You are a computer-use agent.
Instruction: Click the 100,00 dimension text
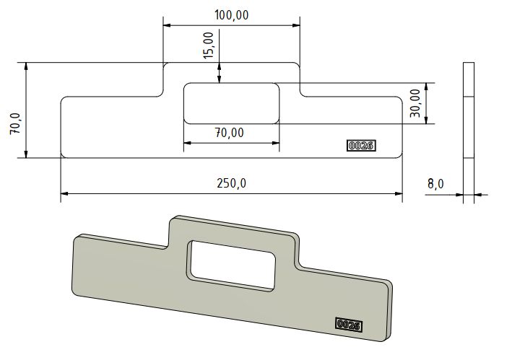[231, 14]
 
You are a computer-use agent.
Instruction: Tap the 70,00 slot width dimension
[231, 133]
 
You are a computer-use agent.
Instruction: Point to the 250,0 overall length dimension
[231, 183]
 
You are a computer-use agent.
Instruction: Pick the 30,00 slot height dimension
[415, 103]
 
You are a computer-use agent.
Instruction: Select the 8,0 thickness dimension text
[435, 184]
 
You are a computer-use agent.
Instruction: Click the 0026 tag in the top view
[360, 146]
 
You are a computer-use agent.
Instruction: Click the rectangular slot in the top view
[231, 103]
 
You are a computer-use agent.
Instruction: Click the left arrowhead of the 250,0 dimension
[65, 193]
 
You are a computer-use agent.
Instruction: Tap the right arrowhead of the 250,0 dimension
[398, 193]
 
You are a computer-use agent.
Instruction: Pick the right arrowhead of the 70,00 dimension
[275, 143]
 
